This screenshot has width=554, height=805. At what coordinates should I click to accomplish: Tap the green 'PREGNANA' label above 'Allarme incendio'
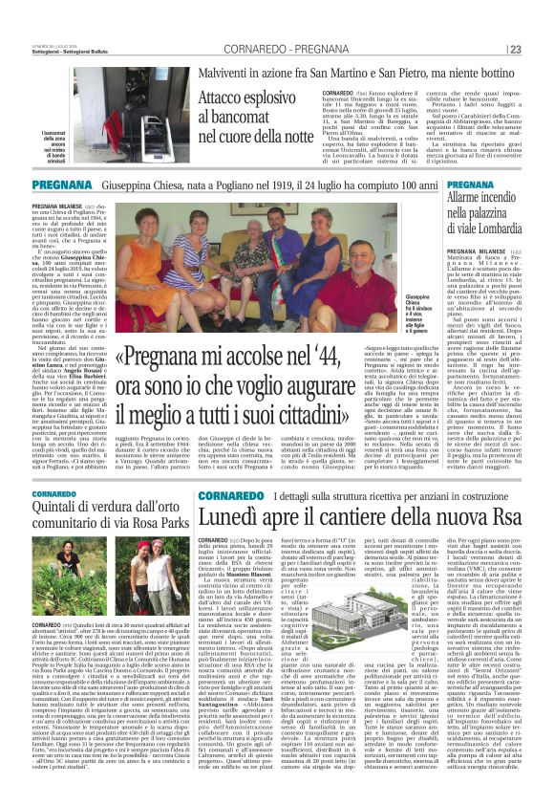point(496,185)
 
